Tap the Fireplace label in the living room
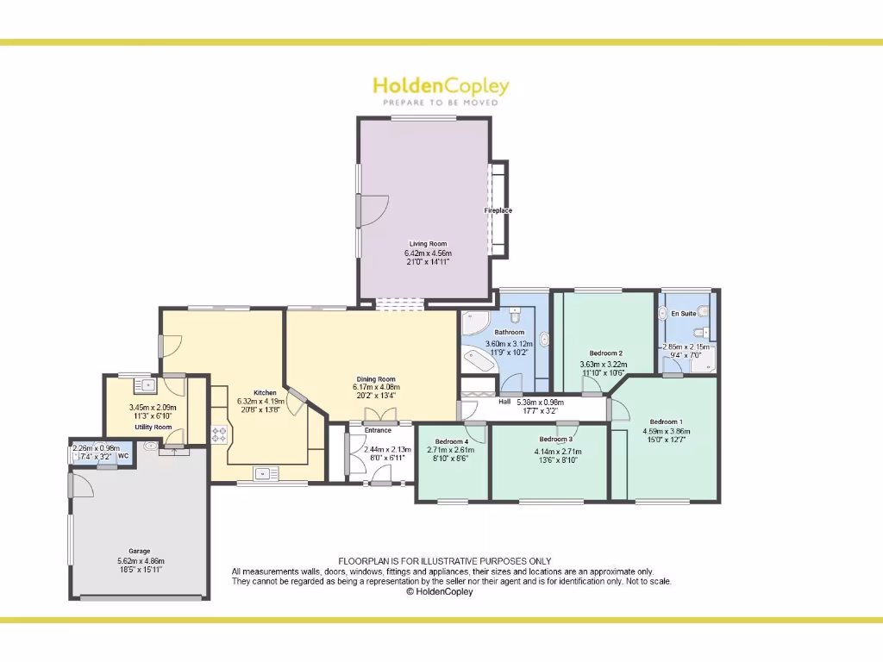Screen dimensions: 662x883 [498, 210]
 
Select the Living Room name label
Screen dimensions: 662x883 [429, 244]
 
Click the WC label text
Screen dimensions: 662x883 [123, 456]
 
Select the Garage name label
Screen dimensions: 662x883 [140, 551]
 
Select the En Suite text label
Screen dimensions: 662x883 [683, 314]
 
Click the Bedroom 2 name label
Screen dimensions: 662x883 [605, 353]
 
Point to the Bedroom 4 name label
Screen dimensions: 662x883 [451, 441]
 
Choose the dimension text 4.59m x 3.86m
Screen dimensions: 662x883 [667, 431]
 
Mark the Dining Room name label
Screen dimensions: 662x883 [376, 379]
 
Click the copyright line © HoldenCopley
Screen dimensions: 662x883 [440, 592]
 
